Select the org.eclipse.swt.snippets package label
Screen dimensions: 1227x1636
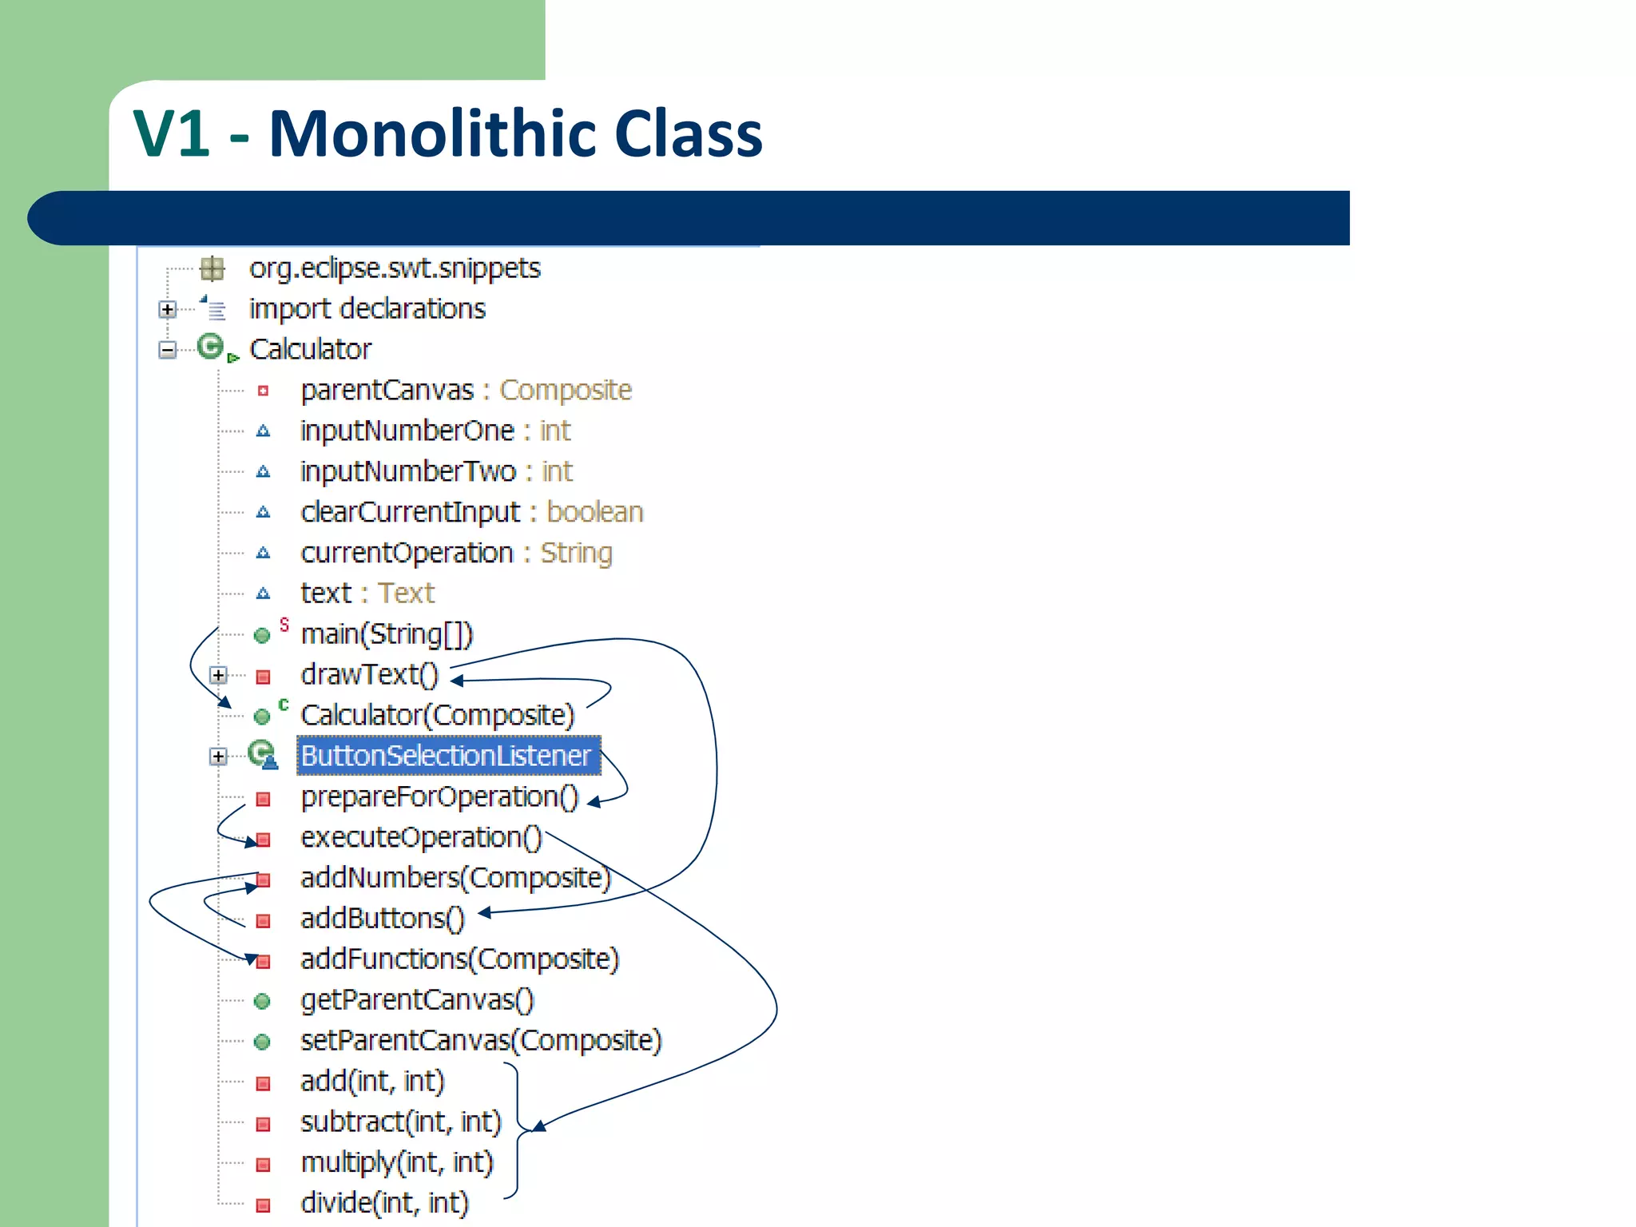pos(395,268)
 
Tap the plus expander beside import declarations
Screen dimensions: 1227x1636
pos(167,309)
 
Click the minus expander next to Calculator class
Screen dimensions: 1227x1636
pos(167,350)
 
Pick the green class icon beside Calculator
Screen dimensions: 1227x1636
pos(211,347)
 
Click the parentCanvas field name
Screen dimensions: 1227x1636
pos(387,391)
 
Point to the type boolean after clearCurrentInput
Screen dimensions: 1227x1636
pos(594,512)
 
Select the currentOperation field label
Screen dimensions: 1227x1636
pos(407,553)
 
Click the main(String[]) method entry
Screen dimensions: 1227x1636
pos(387,634)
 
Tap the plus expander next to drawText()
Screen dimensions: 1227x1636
pos(218,675)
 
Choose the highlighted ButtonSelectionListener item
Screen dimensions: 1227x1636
pos(447,756)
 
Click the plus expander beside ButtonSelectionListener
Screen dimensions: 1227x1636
pos(218,756)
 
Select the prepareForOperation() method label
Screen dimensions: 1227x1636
pos(439,797)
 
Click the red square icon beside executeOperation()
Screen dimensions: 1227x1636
pos(263,840)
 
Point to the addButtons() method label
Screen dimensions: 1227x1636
pos(382,919)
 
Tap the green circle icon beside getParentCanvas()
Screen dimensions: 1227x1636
pos(262,1001)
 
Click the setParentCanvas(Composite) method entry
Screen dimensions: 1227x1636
pos(481,1041)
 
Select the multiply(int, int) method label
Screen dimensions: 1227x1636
pos(397,1163)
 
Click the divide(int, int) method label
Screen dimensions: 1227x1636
pos(384,1203)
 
